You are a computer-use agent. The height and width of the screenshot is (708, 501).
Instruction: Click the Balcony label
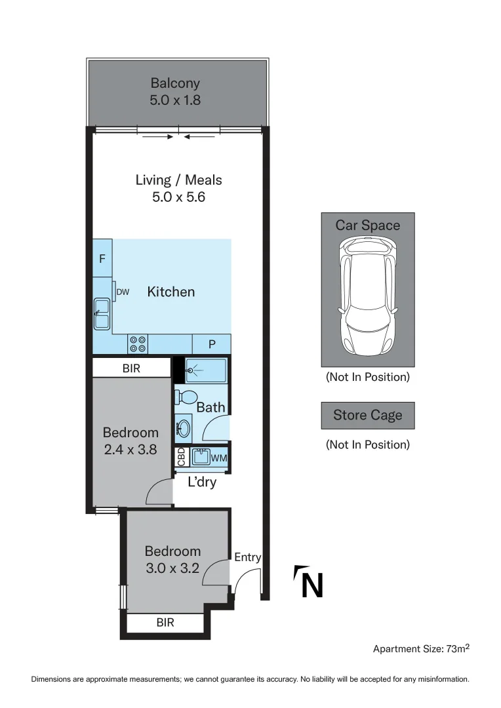pos(175,83)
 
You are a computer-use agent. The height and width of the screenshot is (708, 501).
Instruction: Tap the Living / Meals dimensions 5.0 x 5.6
pos(178,197)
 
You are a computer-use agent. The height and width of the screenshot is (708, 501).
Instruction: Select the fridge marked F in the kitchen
pos(102,258)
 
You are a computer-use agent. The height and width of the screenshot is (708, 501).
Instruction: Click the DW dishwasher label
pos(123,292)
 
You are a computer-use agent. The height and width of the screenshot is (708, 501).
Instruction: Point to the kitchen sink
pos(102,313)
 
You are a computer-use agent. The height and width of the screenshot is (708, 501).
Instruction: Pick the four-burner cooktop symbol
pos(138,344)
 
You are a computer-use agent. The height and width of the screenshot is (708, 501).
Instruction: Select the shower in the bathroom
pos(205,370)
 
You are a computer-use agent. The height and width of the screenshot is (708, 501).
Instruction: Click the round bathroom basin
pos(183,429)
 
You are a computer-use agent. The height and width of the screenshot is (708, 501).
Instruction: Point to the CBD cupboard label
pos(181,457)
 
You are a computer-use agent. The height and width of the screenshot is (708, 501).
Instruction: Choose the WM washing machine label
pos(218,457)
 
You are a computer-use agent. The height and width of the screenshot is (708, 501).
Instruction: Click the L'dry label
pos(202,483)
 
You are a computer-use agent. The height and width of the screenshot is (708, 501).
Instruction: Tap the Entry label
pos(248,557)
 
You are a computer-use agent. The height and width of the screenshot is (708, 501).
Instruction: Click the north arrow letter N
pos(311,585)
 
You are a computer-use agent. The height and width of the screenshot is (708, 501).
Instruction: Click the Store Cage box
pos(367,415)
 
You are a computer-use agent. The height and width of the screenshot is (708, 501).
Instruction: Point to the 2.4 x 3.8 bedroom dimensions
pos(130,450)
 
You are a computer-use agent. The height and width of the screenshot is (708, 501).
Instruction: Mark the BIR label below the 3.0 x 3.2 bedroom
pos(165,622)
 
